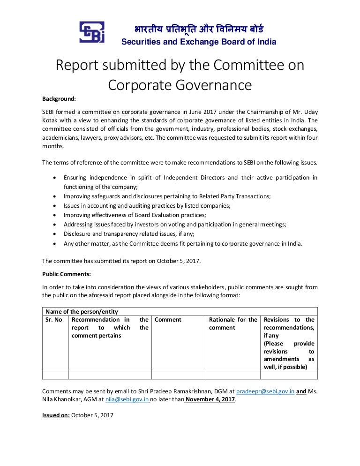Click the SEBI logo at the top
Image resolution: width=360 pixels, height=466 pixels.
click(92, 33)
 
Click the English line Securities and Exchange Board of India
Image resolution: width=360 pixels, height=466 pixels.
click(199, 42)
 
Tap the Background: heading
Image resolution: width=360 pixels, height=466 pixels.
click(59, 99)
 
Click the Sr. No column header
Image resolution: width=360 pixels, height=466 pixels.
click(53, 320)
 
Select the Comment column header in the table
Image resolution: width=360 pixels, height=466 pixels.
click(168, 320)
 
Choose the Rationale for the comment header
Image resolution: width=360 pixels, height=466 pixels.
click(233, 323)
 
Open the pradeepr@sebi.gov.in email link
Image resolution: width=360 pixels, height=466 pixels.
click(265, 391)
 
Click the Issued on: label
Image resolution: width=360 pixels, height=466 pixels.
click(56, 415)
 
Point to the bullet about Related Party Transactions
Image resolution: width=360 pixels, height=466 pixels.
click(167, 196)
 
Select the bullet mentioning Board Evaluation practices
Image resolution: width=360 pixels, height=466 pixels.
click(135, 215)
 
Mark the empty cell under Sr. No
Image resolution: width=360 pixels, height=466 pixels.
click(55, 375)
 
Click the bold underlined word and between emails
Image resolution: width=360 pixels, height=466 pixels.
click(301, 391)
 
